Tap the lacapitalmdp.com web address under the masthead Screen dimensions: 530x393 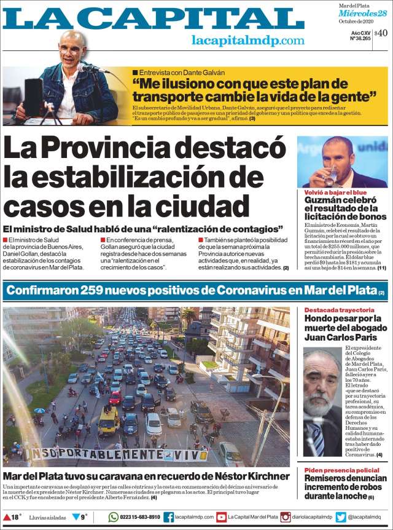point(248,41)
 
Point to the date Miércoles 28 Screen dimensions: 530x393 point(365,14)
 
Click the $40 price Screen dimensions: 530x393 point(381,33)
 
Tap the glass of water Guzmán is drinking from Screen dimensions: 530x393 point(332,176)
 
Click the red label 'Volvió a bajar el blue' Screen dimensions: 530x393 point(332,192)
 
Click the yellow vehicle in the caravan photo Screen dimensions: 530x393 point(109,421)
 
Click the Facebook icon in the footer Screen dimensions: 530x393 point(168,517)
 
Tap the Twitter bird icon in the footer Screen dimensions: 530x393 point(341,517)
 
